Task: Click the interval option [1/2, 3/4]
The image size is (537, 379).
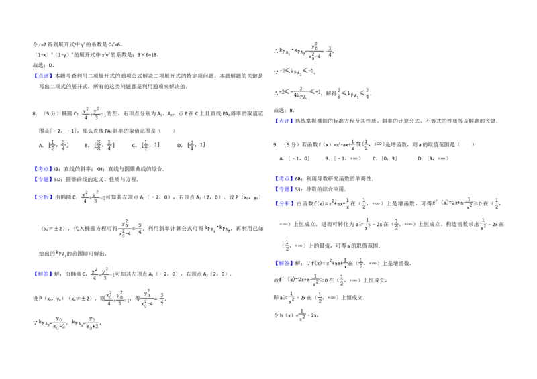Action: point(56,145)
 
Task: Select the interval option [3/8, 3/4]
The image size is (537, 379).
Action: point(105,145)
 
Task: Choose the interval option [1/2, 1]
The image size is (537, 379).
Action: point(150,145)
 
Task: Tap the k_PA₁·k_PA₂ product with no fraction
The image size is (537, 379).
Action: point(215,229)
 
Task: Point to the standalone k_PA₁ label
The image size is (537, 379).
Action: point(61,253)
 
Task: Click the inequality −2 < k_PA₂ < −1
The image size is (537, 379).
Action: point(295,70)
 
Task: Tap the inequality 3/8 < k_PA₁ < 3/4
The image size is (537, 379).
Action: point(352,93)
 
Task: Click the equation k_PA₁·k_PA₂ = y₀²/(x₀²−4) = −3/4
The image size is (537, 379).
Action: point(304,50)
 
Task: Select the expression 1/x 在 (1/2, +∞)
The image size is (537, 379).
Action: point(368,144)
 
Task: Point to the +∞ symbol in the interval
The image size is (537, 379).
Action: point(377,144)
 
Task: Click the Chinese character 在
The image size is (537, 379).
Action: point(358,144)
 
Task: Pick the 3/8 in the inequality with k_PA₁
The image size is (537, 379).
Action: point(340,93)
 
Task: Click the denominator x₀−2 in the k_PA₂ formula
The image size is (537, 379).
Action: point(59,327)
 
